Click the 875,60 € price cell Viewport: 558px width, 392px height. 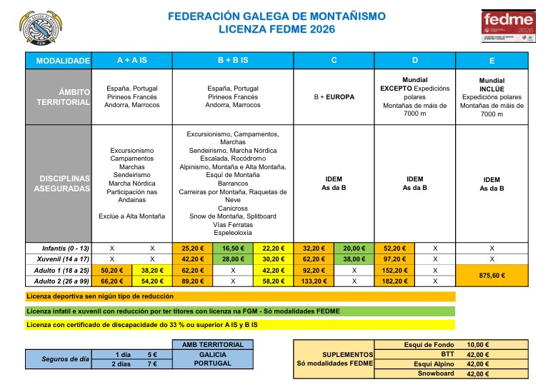click(492, 276)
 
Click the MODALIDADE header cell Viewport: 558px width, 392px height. click(61, 61)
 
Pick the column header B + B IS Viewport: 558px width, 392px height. click(233, 61)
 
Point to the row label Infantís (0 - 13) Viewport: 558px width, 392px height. click(61, 248)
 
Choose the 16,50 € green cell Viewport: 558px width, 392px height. click(233, 248)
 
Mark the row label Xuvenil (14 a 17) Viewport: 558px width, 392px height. click(61, 259)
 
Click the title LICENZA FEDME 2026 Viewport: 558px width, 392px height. click(276, 29)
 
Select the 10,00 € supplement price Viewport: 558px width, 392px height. click(477, 344)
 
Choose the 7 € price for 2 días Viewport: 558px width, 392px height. click(151, 363)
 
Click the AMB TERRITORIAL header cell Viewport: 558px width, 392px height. click(213, 344)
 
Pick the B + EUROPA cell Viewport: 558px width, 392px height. click(334, 97)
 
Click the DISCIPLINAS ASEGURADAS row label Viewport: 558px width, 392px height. click(61, 184)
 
